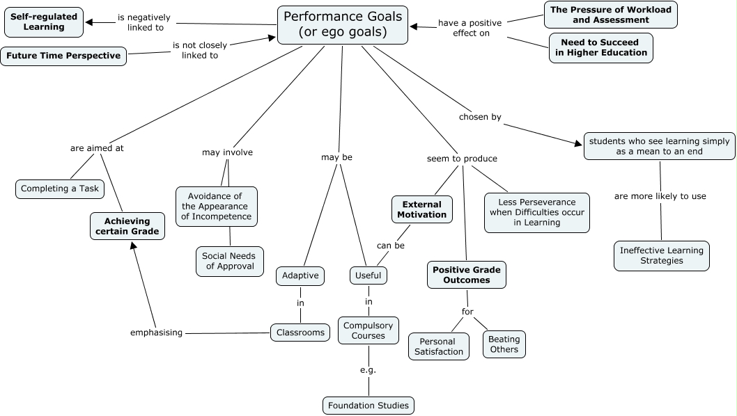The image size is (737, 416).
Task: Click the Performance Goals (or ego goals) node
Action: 343,25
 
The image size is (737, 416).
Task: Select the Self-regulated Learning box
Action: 44,22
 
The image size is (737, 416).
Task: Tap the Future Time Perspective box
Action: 63,56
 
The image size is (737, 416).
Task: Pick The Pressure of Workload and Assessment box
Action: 611,15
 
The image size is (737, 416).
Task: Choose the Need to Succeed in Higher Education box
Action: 600,47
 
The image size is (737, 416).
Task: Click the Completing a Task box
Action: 61,189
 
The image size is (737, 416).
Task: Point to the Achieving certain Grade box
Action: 127,226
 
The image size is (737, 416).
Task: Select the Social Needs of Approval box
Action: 229,261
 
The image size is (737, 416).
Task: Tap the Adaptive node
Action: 300,275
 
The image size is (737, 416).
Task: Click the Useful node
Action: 368,275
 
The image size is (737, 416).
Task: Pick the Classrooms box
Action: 300,333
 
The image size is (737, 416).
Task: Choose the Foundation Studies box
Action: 368,405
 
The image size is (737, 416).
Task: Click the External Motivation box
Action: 422,209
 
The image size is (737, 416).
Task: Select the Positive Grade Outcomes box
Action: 466,275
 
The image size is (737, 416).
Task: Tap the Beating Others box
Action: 504,344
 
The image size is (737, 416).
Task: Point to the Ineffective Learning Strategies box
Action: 661,255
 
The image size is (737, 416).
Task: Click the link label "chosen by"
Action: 480,117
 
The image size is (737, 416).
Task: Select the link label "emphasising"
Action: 156,333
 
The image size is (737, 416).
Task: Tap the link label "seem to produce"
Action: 462,159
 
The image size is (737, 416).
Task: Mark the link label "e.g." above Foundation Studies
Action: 368,369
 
